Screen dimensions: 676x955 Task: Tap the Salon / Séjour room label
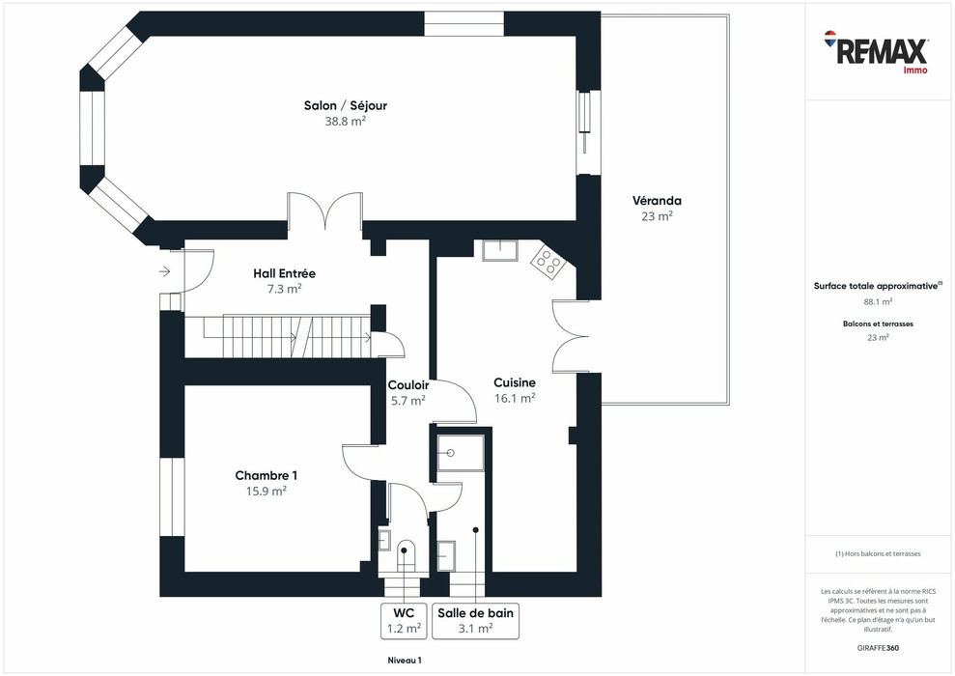coord(345,105)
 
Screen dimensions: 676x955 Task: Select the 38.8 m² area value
coord(345,122)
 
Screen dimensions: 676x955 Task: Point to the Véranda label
coord(657,201)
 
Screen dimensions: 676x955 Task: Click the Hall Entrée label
coord(284,273)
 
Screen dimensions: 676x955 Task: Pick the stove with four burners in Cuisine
coord(548,262)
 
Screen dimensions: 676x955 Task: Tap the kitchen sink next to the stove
coord(501,250)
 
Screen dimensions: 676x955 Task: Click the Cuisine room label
coord(514,381)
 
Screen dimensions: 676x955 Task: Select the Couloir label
coord(407,384)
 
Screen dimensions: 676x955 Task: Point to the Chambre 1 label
coord(266,475)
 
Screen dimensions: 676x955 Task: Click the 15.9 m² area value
coord(266,491)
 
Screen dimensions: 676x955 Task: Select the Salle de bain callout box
coord(476,620)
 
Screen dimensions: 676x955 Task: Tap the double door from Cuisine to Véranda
coord(570,336)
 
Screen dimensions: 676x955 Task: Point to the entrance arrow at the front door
coord(163,272)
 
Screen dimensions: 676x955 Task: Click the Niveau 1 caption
coord(399,660)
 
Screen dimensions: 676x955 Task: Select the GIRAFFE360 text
coord(878,646)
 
